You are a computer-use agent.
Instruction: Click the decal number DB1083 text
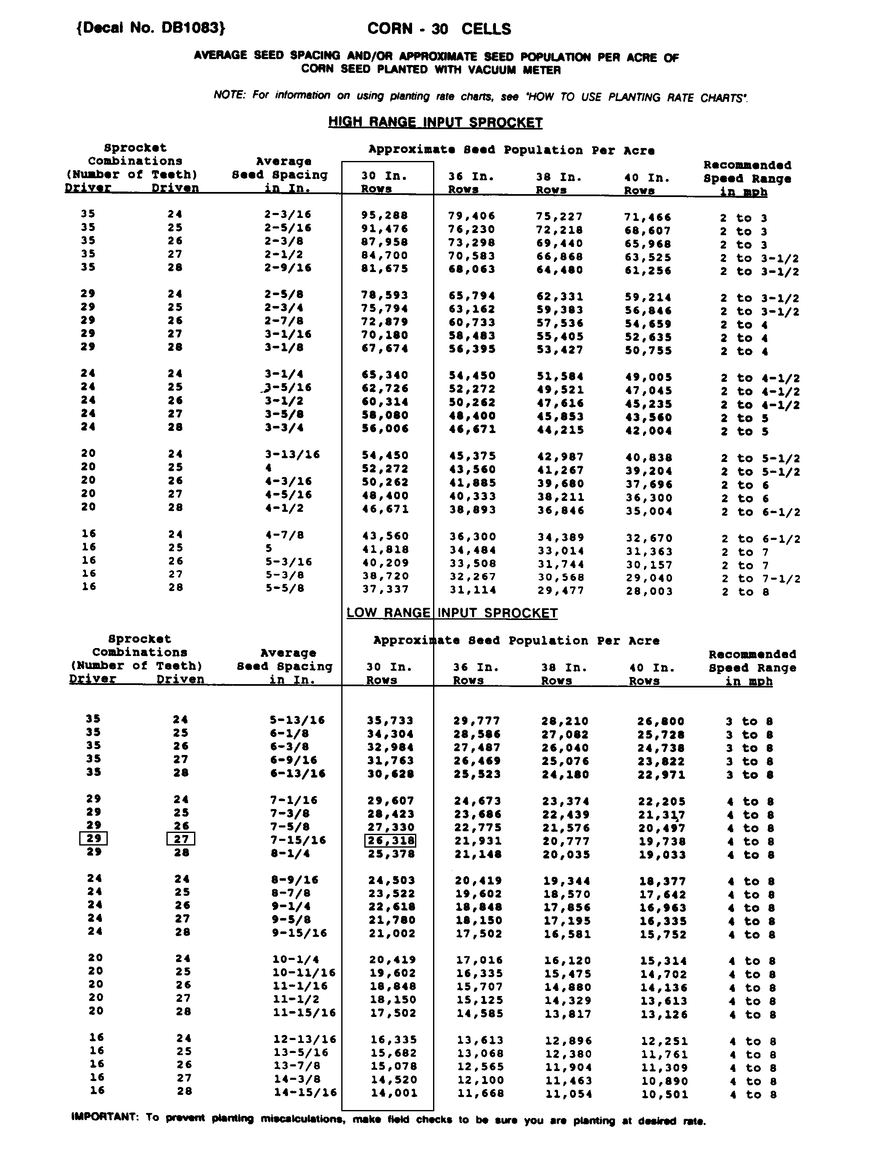click(150, 28)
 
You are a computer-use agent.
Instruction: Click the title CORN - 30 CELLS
click(439, 29)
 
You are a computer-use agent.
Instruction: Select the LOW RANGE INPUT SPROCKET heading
click(452, 613)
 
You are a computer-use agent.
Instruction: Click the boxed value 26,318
click(390, 840)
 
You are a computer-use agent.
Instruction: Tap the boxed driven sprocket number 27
click(181, 839)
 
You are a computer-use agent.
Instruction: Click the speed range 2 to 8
click(747, 592)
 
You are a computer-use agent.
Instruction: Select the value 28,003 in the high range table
click(649, 591)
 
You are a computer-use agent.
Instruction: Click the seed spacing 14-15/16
click(305, 1092)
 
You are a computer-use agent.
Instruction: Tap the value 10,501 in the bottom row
click(664, 1094)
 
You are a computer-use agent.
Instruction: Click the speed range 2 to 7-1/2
click(760, 578)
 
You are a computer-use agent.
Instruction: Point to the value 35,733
click(390, 721)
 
